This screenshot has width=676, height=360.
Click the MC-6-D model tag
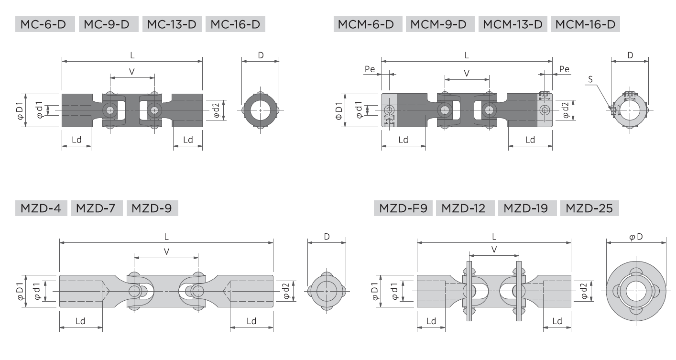(x=45, y=24)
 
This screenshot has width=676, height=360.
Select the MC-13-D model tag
(x=172, y=24)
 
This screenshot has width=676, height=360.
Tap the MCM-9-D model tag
(x=440, y=24)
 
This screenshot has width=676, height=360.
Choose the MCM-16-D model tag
(x=586, y=24)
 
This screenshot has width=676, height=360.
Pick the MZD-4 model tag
(x=41, y=208)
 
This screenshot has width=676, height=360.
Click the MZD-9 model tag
(x=152, y=208)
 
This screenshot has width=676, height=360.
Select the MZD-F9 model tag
(x=403, y=208)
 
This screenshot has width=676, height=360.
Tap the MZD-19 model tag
(x=527, y=208)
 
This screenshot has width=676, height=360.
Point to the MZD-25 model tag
(x=589, y=208)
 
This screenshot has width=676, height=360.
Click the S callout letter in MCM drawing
(x=590, y=79)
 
